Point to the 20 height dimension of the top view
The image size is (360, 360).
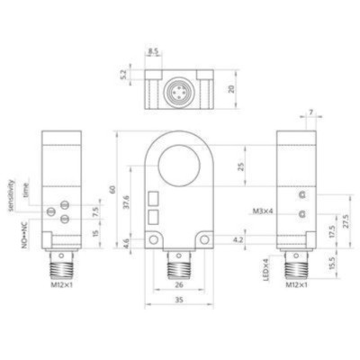coord(232,89)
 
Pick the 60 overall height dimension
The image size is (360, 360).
coord(113,190)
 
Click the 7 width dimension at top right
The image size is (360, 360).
coord(311,112)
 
